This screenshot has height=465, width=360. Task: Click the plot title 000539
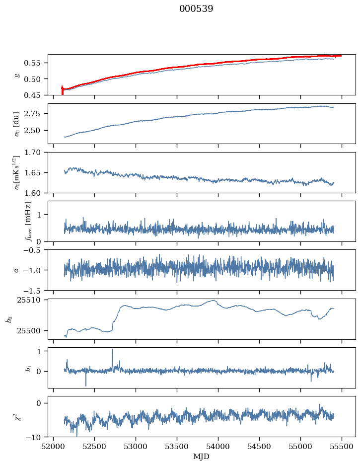(196, 9)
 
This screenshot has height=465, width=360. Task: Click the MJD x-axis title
(202, 457)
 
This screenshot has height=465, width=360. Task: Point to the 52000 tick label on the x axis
(53, 447)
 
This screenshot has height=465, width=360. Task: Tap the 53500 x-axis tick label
(177, 447)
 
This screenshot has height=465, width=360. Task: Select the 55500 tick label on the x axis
(342, 447)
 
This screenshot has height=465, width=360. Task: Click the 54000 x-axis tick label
(218, 447)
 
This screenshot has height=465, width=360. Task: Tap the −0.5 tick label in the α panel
(33, 250)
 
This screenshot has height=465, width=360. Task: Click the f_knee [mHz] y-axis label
(28, 221)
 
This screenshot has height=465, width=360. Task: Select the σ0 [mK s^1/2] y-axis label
(17, 172)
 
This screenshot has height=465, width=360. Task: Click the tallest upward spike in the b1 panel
(113, 350)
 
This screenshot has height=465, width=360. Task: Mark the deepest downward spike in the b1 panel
(86, 385)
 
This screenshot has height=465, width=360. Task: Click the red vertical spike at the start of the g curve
(62, 90)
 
